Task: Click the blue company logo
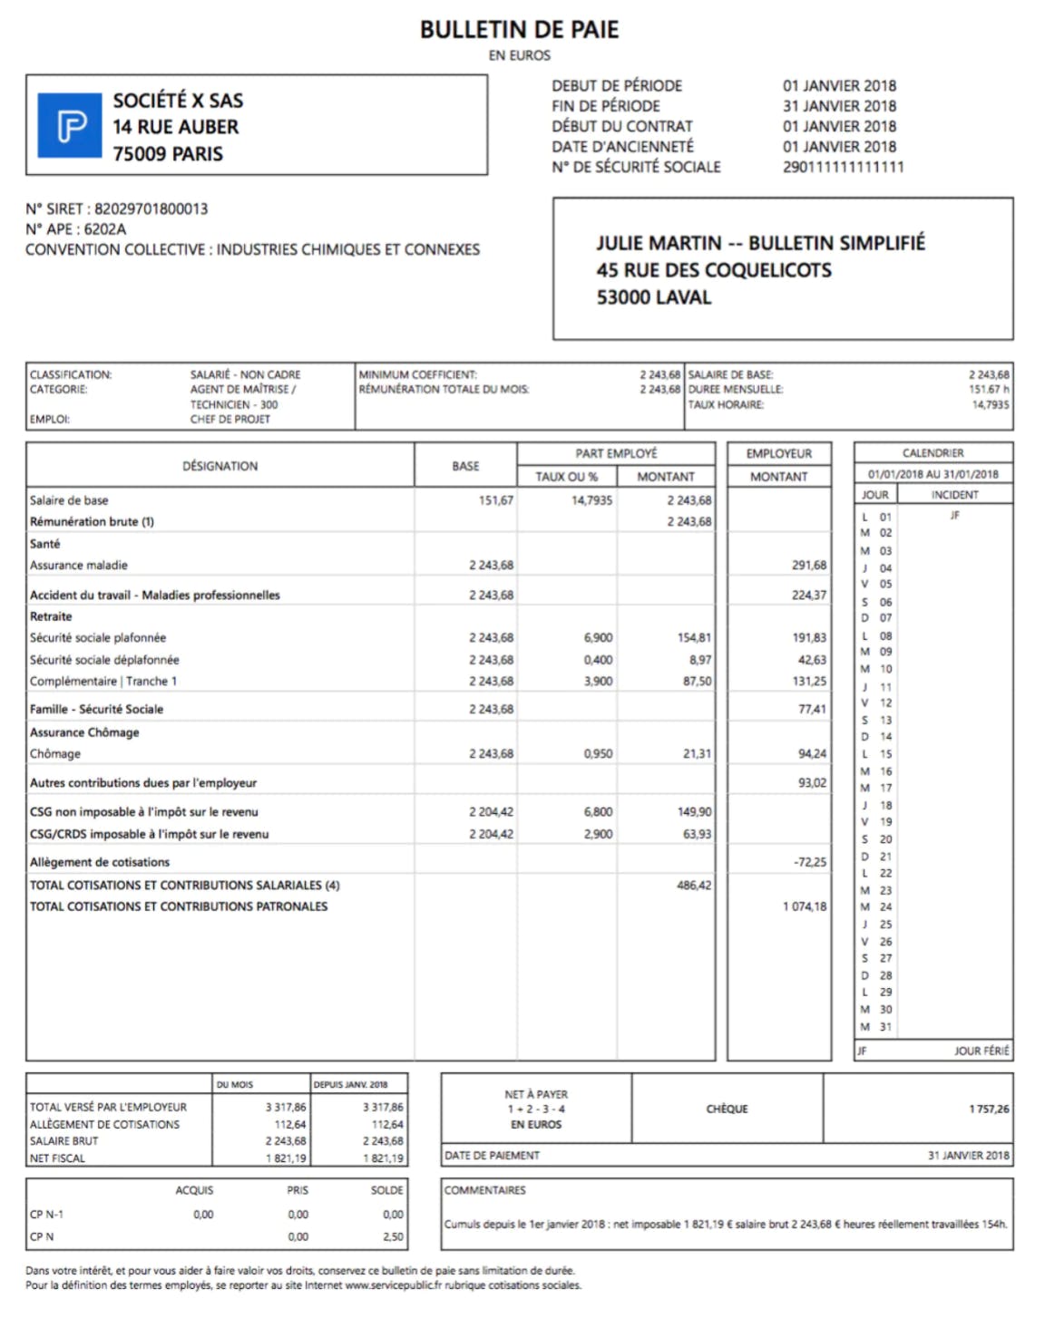[x=70, y=125]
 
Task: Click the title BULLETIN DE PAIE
[x=519, y=30]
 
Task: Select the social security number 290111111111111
[x=843, y=167]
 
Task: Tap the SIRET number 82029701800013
[x=151, y=208]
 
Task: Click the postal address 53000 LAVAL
[x=653, y=297]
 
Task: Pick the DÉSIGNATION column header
[x=220, y=466]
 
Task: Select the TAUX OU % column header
[x=566, y=477]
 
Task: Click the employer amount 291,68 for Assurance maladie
[x=808, y=565]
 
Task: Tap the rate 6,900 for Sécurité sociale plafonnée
[x=598, y=637]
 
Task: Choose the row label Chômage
[x=55, y=753]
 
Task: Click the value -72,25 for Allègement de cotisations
[x=809, y=862]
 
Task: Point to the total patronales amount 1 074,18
[x=805, y=906]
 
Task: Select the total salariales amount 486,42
[x=694, y=885]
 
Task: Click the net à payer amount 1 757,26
[x=988, y=1109]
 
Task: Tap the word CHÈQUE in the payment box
[x=727, y=1109]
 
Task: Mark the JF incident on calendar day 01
[x=954, y=515]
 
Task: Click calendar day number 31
[x=885, y=1027]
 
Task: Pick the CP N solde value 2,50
[x=393, y=1236]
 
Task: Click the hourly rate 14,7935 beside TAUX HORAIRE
[x=990, y=404]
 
